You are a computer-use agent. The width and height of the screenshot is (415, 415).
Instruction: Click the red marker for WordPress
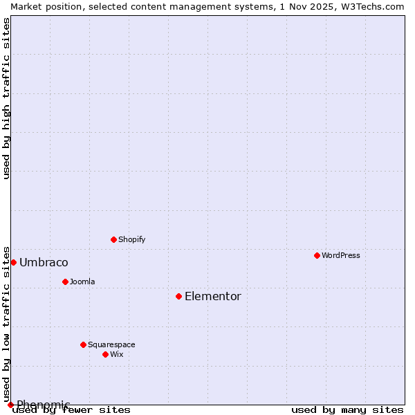coord(317,255)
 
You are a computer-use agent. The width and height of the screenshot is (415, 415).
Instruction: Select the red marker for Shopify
coord(113,239)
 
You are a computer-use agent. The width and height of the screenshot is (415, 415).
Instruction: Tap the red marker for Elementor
coord(178,296)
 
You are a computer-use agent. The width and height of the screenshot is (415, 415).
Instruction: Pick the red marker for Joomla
coord(65,282)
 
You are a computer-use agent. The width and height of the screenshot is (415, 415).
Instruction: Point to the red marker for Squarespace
coord(83,344)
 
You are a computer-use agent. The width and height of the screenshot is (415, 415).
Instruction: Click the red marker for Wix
coord(105,354)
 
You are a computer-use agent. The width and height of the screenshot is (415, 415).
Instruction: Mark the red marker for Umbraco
coord(13,262)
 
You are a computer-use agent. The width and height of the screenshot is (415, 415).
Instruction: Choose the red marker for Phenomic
coord(10,405)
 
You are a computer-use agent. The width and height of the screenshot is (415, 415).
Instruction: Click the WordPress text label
coord(341,255)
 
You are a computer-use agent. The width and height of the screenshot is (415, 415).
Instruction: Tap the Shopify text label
coord(131,239)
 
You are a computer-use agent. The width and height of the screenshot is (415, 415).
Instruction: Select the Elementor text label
coord(213,296)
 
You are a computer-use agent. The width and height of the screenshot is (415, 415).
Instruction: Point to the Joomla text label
coord(82,282)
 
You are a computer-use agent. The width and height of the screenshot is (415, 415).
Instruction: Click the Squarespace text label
coord(111,344)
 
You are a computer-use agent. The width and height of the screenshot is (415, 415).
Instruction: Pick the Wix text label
coord(117,354)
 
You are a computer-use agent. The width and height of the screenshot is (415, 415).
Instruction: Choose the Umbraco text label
coord(44,262)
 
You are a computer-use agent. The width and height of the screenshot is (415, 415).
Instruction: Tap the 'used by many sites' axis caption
coord(347,409)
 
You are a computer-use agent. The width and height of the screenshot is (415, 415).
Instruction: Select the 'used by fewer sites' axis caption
coord(72,409)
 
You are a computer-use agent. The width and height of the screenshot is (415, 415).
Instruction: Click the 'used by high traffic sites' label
coord(6,98)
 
